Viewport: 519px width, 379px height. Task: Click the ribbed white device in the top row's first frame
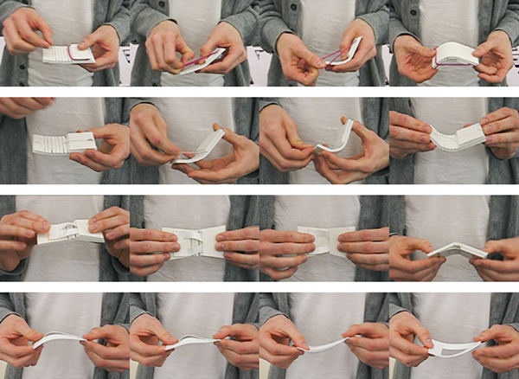(64, 55)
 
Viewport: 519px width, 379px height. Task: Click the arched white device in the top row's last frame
(454, 54)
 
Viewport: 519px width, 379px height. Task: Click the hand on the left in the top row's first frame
(26, 31)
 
